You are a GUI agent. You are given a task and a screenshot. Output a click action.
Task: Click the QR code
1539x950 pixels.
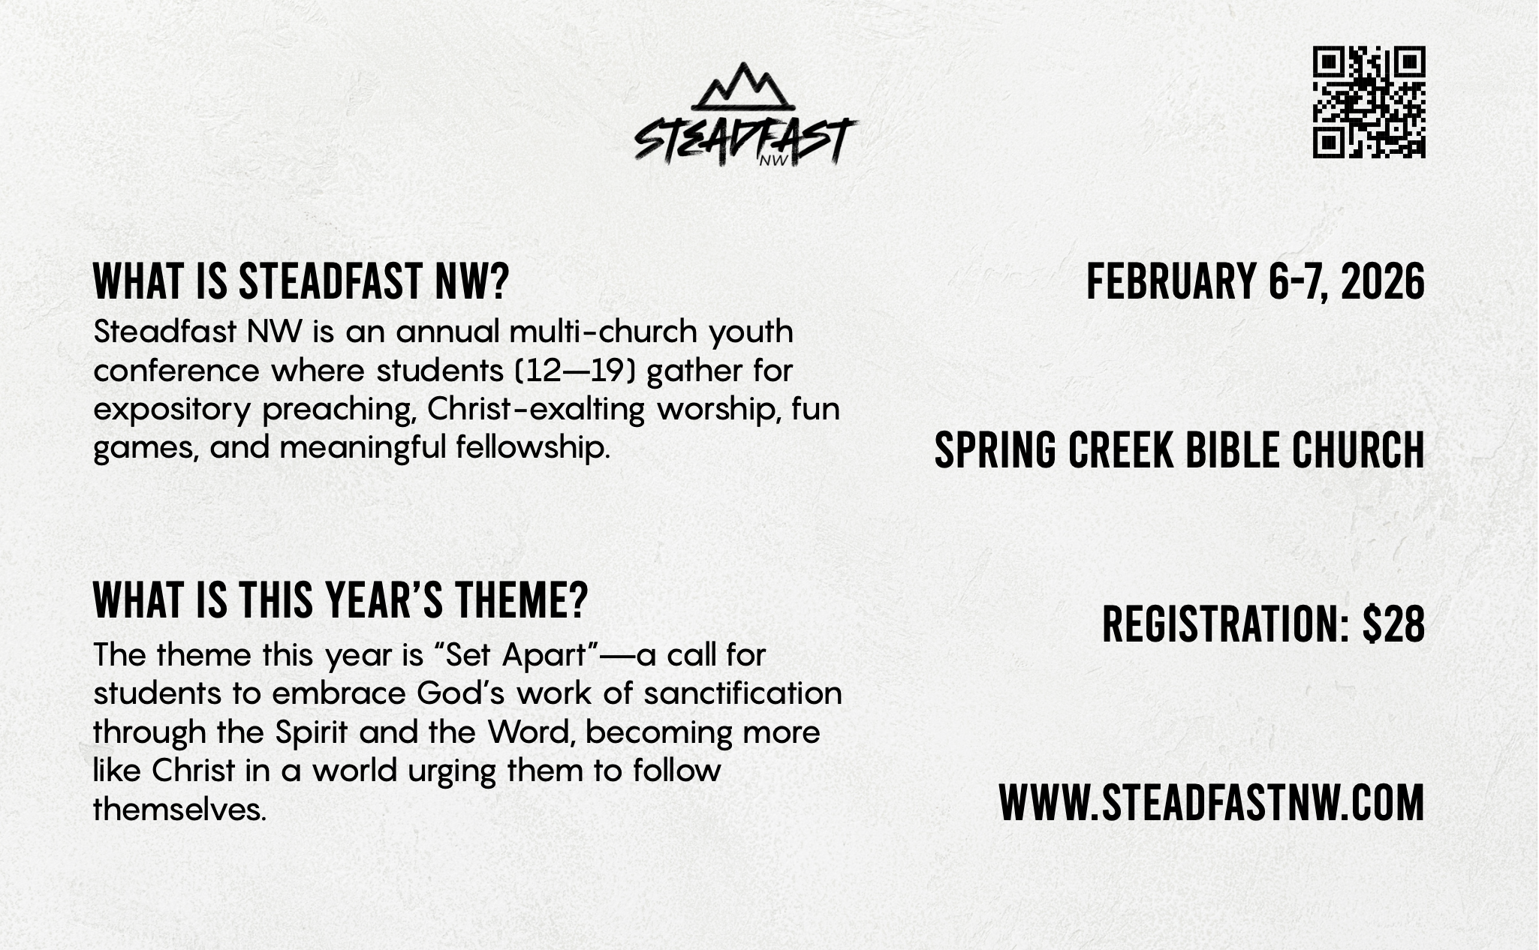(1369, 102)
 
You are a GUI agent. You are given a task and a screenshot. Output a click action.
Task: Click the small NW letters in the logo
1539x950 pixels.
(770, 159)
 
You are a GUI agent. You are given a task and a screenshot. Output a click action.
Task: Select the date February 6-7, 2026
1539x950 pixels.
(1255, 282)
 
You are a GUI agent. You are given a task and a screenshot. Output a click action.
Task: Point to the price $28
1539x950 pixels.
(1393, 624)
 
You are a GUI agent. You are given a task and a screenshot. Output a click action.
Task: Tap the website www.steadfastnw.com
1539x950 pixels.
(1212, 802)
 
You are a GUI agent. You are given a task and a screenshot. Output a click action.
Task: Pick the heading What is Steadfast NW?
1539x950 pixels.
(301, 282)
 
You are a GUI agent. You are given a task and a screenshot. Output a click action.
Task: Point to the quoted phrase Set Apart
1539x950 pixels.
(516, 654)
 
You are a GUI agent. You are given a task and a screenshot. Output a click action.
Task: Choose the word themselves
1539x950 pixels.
(179, 810)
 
